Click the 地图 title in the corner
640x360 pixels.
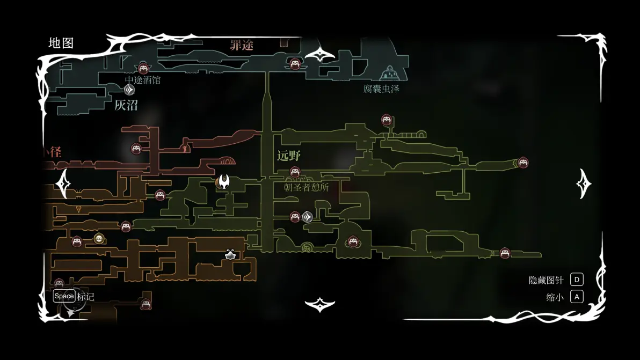click(x=61, y=43)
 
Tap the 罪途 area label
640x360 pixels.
click(x=242, y=46)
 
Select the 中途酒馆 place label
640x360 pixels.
click(x=143, y=80)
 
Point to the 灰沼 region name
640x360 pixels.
click(x=126, y=105)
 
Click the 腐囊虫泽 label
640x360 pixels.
click(x=381, y=89)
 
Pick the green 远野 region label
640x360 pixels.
click(x=289, y=156)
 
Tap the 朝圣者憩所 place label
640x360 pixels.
click(x=307, y=187)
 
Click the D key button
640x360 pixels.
click(x=577, y=280)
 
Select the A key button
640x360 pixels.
click(x=577, y=297)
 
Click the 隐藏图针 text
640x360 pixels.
click(x=546, y=280)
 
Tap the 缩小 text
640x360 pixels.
click(x=555, y=297)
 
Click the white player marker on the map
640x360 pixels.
click(x=224, y=181)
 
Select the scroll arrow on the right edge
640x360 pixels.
click(x=584, y=183)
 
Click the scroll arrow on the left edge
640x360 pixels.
click(x=63, y=183)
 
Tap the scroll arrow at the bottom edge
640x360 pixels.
click(x=320, y=305)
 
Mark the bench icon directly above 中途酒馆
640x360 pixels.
click(x=143, y=68)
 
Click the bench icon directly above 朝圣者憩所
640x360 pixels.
click(x=295, y=172)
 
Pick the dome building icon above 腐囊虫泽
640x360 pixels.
click(x=389, y=73)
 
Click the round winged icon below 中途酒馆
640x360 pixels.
click(x=129, y=90)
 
